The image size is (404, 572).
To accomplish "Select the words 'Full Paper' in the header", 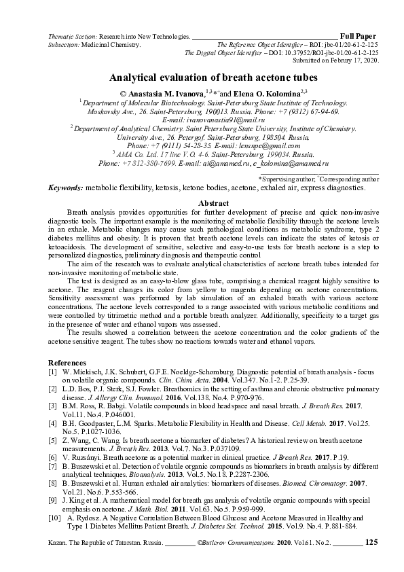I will pyautogui.click(x=358, y=35).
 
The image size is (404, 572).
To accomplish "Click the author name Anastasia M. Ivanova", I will pyautogui.click(x=166, y=92).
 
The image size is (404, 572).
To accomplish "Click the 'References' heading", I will pyautogui.click(x=67, y=363).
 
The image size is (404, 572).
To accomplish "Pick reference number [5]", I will pyautogui.click(x=52, y=440).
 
